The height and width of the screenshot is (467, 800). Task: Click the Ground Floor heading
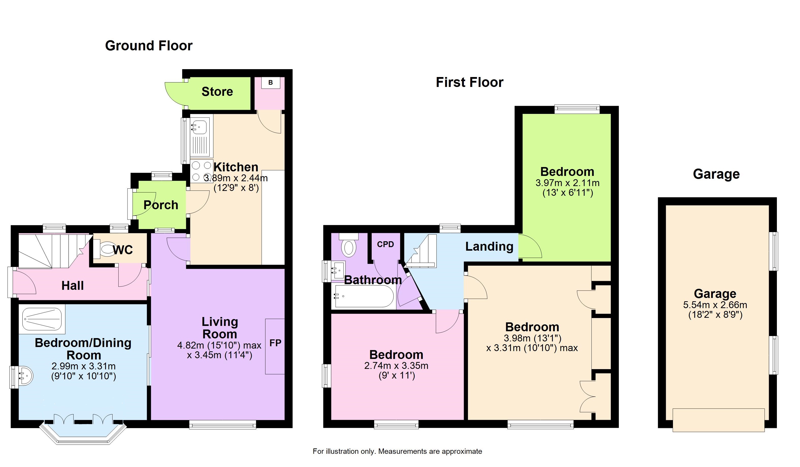[149, 46]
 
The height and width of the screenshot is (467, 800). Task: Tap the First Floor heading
[469, 82]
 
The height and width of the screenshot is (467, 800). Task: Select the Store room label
[217, 92]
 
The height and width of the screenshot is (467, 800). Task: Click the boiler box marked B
[271, 83]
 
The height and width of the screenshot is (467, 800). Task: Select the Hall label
[72, 285]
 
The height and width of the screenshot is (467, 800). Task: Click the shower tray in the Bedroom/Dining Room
[42, 319]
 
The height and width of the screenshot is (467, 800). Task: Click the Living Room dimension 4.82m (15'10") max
[219, 345]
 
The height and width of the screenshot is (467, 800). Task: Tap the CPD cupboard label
[385, 244]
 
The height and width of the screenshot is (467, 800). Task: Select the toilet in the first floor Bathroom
[349, 245]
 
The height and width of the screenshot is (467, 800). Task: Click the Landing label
[489, 247]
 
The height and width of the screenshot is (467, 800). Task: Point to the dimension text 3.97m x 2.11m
[567, 183]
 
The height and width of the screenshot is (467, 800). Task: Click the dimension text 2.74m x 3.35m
[396, 366]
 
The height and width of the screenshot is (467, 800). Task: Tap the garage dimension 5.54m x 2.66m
[715, 305]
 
